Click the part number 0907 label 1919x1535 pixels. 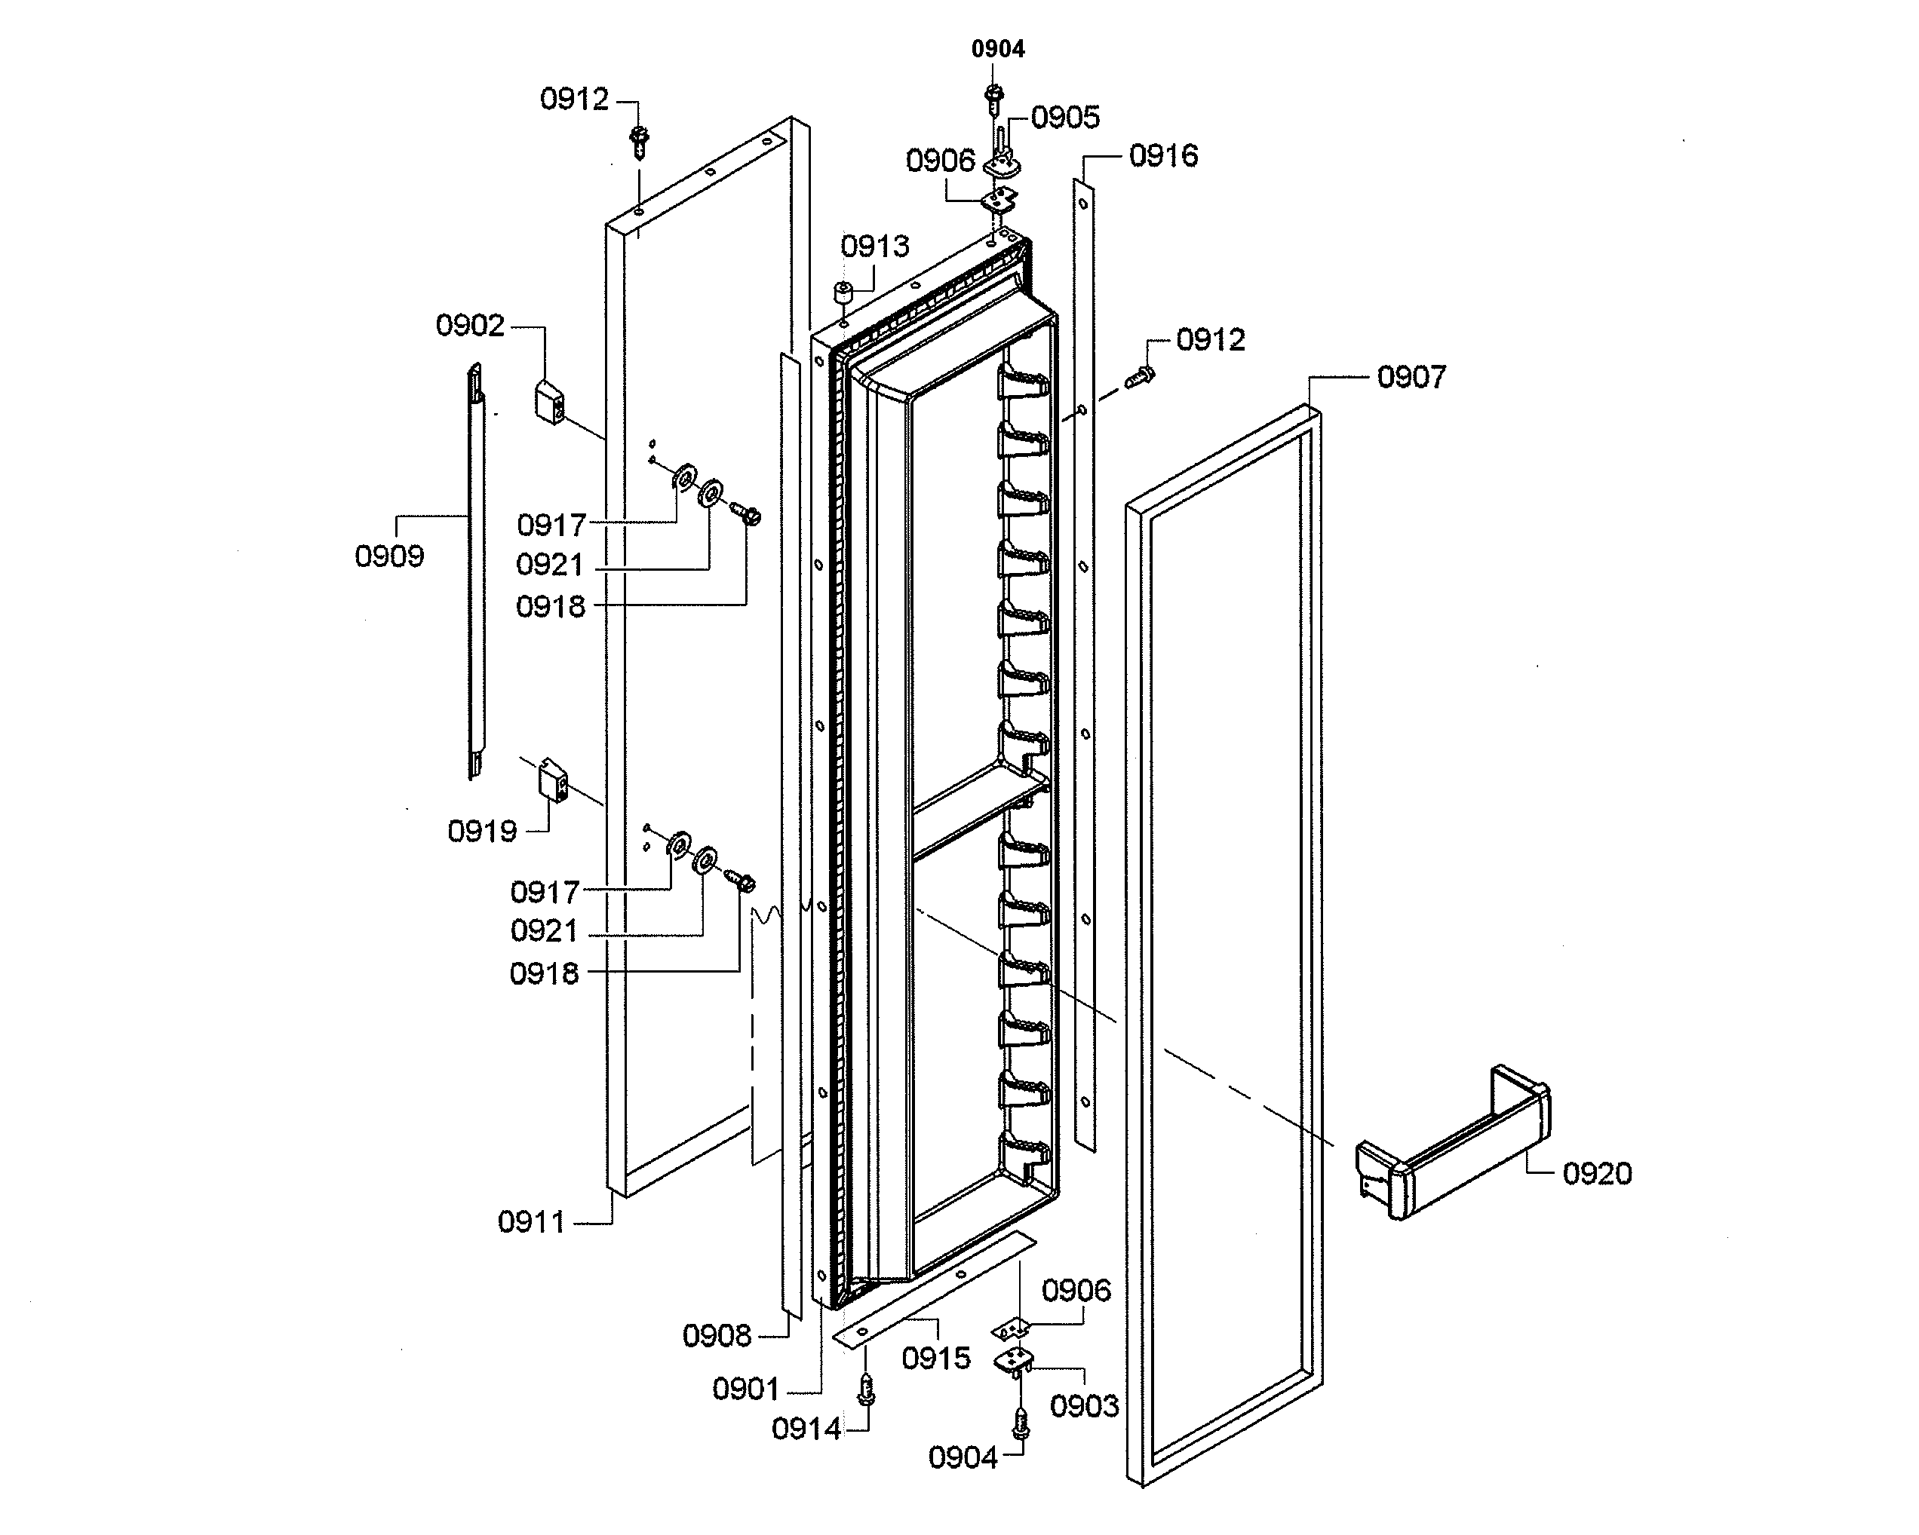(x=1411, y=376)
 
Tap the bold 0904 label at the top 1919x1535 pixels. (x=997, y=49)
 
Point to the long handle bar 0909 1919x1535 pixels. (x=477, y=569)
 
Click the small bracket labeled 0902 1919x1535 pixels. (x=549, y=402)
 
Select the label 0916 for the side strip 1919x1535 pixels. (x=1162, y=156)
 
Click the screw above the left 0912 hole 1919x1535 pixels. (x=638, y=140)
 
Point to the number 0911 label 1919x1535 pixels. (x=530, y=1222)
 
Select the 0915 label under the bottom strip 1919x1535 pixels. (x=935, y=1358)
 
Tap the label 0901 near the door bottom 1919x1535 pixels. (x=746, y=1388)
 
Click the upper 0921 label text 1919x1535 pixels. (x=549, y=564)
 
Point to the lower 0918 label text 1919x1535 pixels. (x=544, y=973)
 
